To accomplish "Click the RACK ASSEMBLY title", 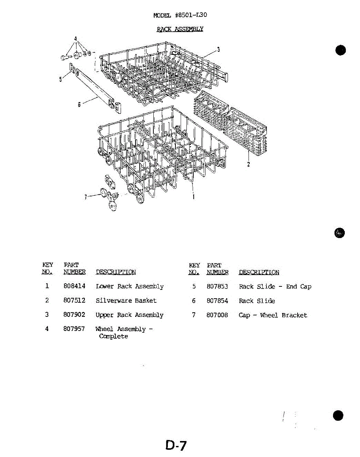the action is pyautogui.click(x=180, y=29).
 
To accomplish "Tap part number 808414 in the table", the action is pyautogui.click(x=74, y=286).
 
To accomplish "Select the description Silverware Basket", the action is pyautogui.click(x=126, y=300).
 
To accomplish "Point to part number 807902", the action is pyautogui.click(x=74, y=315).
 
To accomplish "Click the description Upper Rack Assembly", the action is pyautogui.click(x=129, y=315).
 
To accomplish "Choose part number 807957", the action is pyautogui.click(x=74, y=329).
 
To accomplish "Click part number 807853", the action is pyautogui.click(x=217, y=286).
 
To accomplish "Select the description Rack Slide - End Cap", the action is pyautogui.click(x=275, y=286).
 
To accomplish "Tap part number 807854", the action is pyautogui.click(x=217, y=301).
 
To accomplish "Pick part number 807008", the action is pyautogui.click(x=217, y=315).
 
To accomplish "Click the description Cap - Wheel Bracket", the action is pyautogui.click(x=272, y=315).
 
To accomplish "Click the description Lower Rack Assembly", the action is pyautogui.click(x=129, y=286).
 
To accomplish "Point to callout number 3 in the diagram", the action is pyautogui.click(x=218, y=49).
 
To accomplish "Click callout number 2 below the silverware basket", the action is pyautogui.click(x=248, y=165).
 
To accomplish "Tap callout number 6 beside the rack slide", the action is pyautogui.click(x=79, y=104).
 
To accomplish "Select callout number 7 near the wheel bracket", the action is pyautogui.click(x=86, y=197).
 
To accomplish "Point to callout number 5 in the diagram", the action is pyautogui.click(x=60, y=80).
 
